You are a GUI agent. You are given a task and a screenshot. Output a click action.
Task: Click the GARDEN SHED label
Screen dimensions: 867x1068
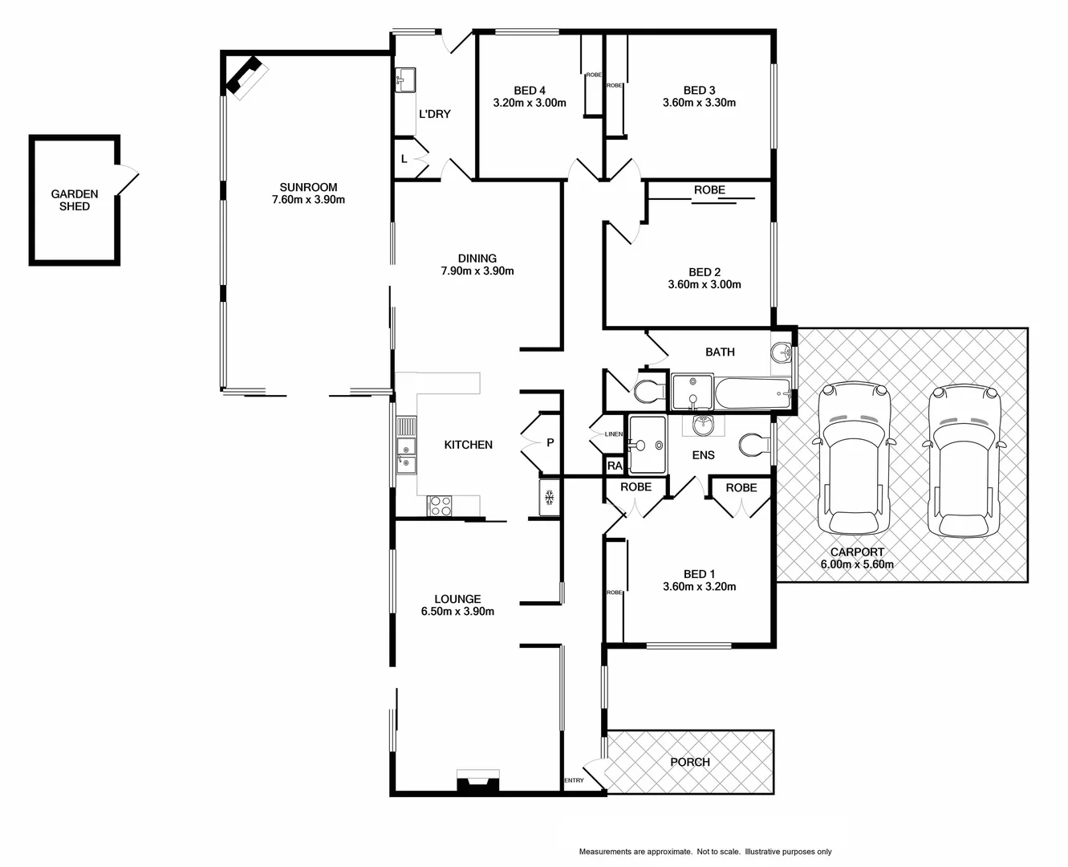(x=75, y=200)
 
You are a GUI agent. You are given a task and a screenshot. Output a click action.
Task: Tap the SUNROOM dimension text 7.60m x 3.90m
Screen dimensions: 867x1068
(x=308, y=199)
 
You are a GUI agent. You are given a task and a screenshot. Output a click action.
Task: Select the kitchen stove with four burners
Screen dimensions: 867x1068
(x=441, y=506)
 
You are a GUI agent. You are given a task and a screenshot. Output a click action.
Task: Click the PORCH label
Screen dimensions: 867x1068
(x=689, y=762)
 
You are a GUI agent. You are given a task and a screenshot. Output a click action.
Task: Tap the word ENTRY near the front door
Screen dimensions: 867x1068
(x=575, y=780)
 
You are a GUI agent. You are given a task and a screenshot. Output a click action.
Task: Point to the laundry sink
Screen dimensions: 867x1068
(x=404, y=79)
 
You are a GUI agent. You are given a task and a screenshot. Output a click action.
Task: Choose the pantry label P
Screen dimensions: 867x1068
(x=550, y=442)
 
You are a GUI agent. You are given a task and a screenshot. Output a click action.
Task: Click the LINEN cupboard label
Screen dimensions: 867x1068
(x=613, y=434)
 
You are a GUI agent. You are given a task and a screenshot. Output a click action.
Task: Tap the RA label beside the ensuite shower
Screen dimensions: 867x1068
(x=615, y=466)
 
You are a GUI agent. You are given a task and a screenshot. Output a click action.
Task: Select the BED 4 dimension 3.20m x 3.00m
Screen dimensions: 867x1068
(x=529, y=103)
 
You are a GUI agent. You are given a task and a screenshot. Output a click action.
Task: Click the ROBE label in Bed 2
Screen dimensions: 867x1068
(x=709, y=190)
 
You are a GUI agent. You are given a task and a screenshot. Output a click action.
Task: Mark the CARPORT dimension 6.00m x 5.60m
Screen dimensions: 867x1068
(x=856, y=564)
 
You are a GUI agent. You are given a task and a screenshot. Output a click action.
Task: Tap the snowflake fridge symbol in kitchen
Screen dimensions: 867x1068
(x=550, y=498)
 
